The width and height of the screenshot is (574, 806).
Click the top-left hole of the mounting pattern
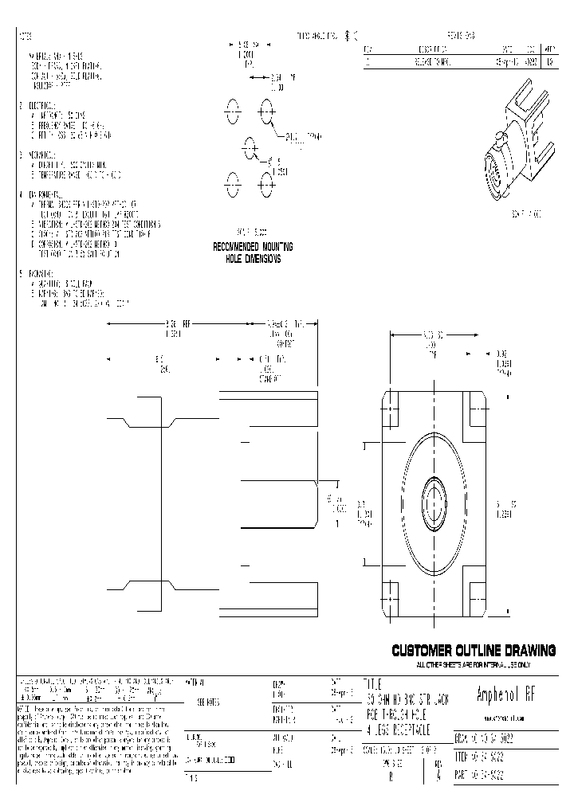(x=232, y=111)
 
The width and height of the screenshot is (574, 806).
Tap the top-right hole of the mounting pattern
(x=265, y=111)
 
